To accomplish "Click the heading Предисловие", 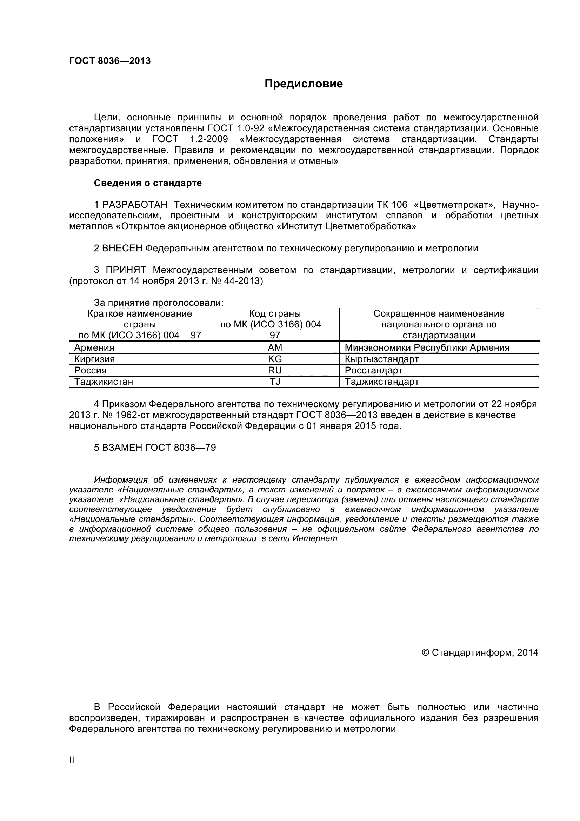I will pyautogui.click(x=304, y=84).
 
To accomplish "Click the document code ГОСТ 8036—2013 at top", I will pyautogui.click(x=110, y=61).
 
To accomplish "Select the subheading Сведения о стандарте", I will pyautogui.click(x=148, y=183).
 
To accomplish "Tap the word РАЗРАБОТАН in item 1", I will pyautogui.click(x=135, y=205).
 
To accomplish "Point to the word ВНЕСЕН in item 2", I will pyautogui.click(x=122, y=248).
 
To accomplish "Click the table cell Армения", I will pyautogui.click(x=94, y=347).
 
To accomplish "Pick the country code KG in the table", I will pyautogui.click(x=275, y=359).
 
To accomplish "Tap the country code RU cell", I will pyautogui.click(x=275, y=370).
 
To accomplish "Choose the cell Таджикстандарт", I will pyautogui.click(x=382, y=382).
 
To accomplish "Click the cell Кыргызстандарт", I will pyautogui.click(x=382, y=359).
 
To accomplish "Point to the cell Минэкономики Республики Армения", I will pyautogui.click(x=427, y=347).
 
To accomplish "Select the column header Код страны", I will pyautogui.click(x=275, y=314).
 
